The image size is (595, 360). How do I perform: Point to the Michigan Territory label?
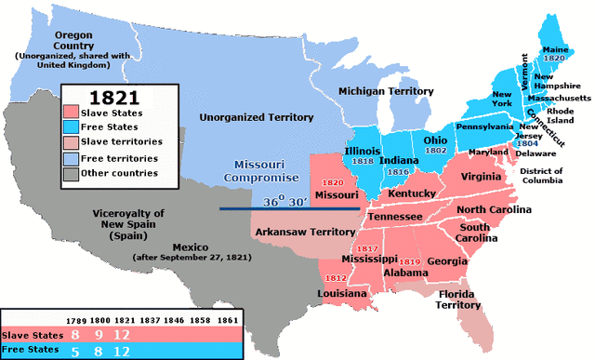pyautogui.click(x=386, y=91)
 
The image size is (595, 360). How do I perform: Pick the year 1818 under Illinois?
pyautogui.click(x=364, y=159)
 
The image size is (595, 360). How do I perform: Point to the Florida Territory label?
pyautogui.click(x=457, y=299)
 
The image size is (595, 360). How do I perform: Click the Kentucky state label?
pyautogui.click(x=413, y=193)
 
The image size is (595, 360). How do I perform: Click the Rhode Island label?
pyautogui.click(x=562, y=115)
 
